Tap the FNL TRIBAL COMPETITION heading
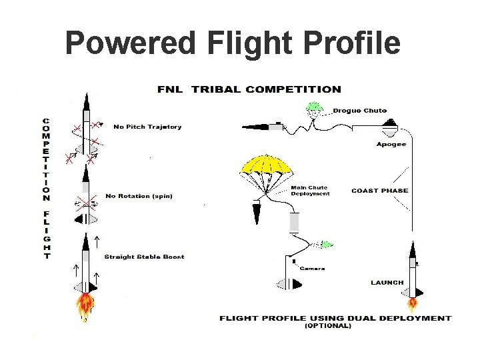[x=249, y=89]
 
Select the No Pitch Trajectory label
[x=147, y=127]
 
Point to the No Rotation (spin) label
[x=144, y=196]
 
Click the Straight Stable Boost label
[x=144, y=257]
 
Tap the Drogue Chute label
[x=359, y=111]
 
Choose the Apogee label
[x=391, y=144]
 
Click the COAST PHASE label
[x=380, y=191]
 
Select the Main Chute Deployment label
[x=310, y=191]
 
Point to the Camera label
[x=312, y=268]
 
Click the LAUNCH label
[x=387, y=282]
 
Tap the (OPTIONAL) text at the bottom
[x=327, y=326]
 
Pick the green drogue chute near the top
[x=314, y=106]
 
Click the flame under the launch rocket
[x=413, y=305]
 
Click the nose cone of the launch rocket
[x=412, y=250]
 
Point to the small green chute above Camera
[x=326, y=245]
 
